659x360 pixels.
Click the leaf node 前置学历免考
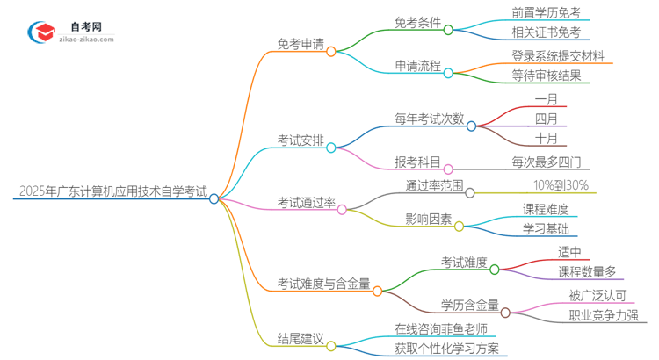pos(545,13)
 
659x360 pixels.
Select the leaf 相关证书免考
pos(545,33)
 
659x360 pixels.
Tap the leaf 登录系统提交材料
pos(557,55)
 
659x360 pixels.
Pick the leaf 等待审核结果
pos(546,76)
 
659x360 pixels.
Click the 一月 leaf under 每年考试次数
pos(545,98)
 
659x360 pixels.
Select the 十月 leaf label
pos(545,139)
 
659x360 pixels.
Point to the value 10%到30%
pos(561,184)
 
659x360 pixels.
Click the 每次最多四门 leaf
pos(545,162)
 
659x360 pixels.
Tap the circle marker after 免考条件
pos(448,29)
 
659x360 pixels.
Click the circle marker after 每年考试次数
pos(471,126)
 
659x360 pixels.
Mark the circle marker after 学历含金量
pos(505,312)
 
